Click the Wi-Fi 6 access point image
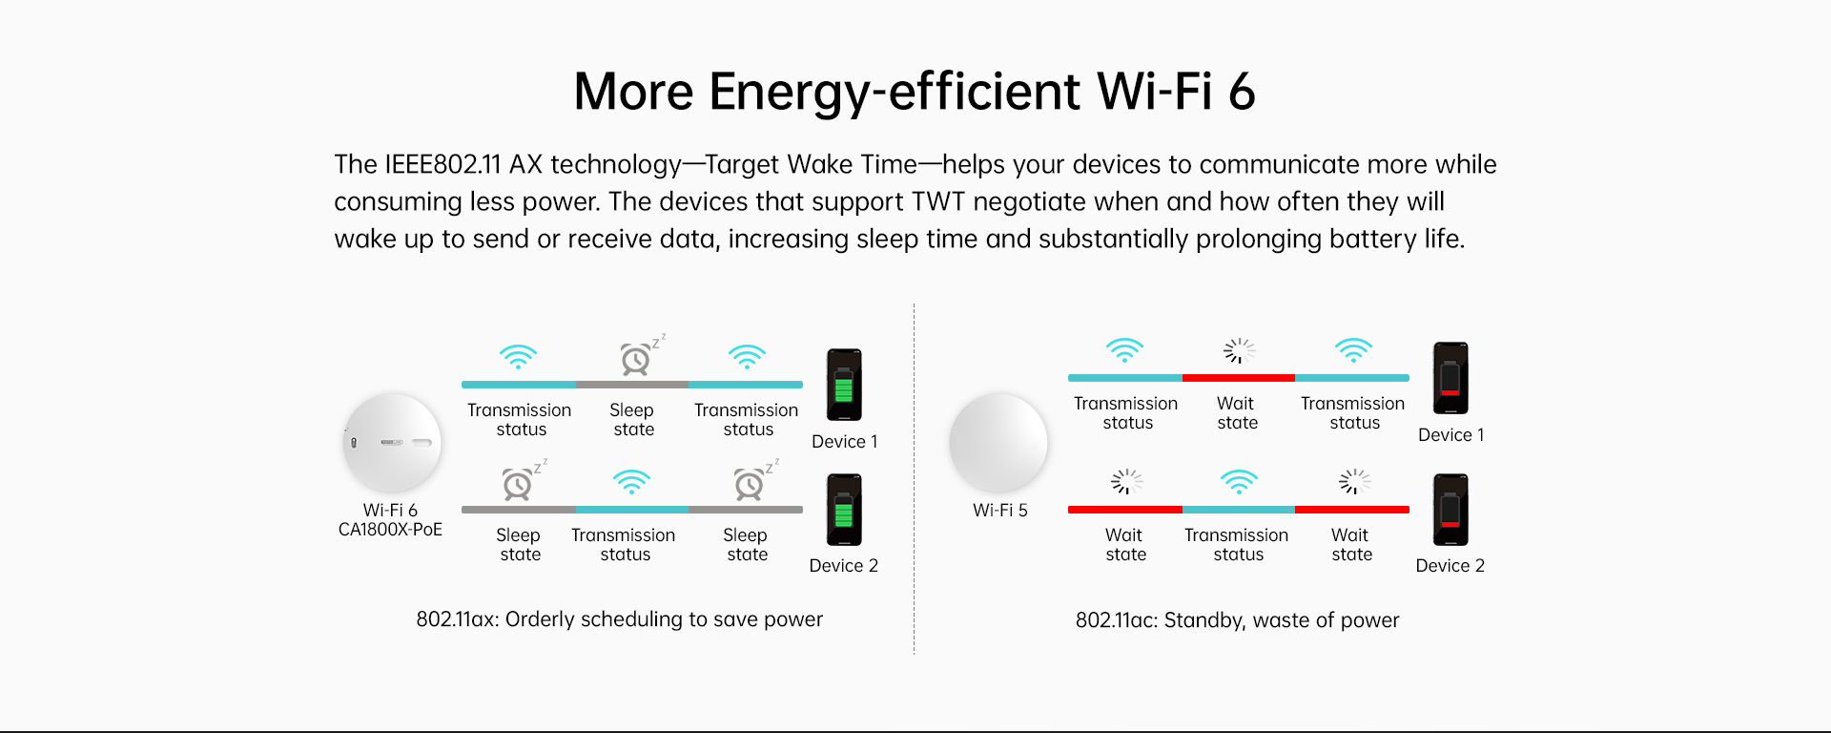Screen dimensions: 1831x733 pyautogui.click(x=392, y=443)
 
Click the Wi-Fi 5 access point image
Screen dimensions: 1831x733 pyautogui.click(x=998, y=443)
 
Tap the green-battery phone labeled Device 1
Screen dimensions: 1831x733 pyautogui.click(x=844, y=385)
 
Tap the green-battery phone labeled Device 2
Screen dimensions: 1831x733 pyautogui.click(x=844, y=510)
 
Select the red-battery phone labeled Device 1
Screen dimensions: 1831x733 pyautogui.click(x=1450, y=378)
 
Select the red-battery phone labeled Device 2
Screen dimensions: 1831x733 pyautogui.click(x=1450, y=510)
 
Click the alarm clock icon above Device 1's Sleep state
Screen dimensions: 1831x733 pyautogui.click(x=639, y=355)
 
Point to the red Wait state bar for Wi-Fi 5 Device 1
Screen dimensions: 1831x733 pyautogui.click(x=1239, y=378)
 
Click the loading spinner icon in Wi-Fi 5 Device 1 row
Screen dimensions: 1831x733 pyautogui.click(x=1239, y=350)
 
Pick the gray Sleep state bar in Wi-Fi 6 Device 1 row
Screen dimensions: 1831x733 pyautogui.click(x=632, y=385)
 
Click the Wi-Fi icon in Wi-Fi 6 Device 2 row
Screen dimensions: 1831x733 pyautogui.click(x=631, y=481)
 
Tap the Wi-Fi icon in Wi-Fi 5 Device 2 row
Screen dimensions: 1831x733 pyautogui.click(x=1239, y=481)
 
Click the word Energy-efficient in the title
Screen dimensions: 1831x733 pyautogui.click(x=895, y=93)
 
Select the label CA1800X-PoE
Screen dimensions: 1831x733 pyautogui.click(x=390, y=530)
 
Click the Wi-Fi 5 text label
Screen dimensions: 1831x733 pyautogui.click(x=1000, y=511)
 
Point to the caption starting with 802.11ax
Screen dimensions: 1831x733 pyautogui.click(x=620, y=619)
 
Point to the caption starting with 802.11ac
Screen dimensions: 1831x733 pyautogui.click(x=1238, y=620)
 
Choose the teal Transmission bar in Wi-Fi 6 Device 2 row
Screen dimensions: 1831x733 pyautogui.click(x=632, y=510)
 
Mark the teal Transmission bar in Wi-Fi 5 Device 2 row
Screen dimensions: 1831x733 pyautogui.click(x=1239, y=510)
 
